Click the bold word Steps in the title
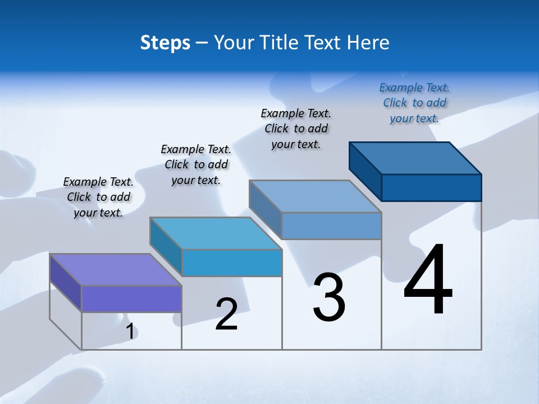pyautogui.click(x=165, y=43)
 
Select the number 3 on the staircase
pyautogui.click(x=329, y=297)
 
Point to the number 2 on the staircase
pyautogui.click(x=226, y=314)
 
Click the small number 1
pyautogui.click(x=130, y=332)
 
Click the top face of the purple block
pyautogui.click(x=116, y=269)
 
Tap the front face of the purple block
pyautogui.click(x=131, y=299)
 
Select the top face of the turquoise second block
pyautogui.click(x=216, y=233)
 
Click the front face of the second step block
pyautogui.click(x=232, y=263)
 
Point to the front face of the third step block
pyautogui.click(x=331, y=226)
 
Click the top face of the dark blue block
pyautogui.click(x=415, y=158)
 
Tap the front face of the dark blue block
pyautogui.click(x=431, y=187)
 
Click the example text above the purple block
pyautogui.click(x=98, y=197)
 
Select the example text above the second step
pyautogui.click(x=196, y=164)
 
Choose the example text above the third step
pyautogui.click(x=296, y=128)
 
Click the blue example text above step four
pyautogui.click(x=414, y=103)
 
